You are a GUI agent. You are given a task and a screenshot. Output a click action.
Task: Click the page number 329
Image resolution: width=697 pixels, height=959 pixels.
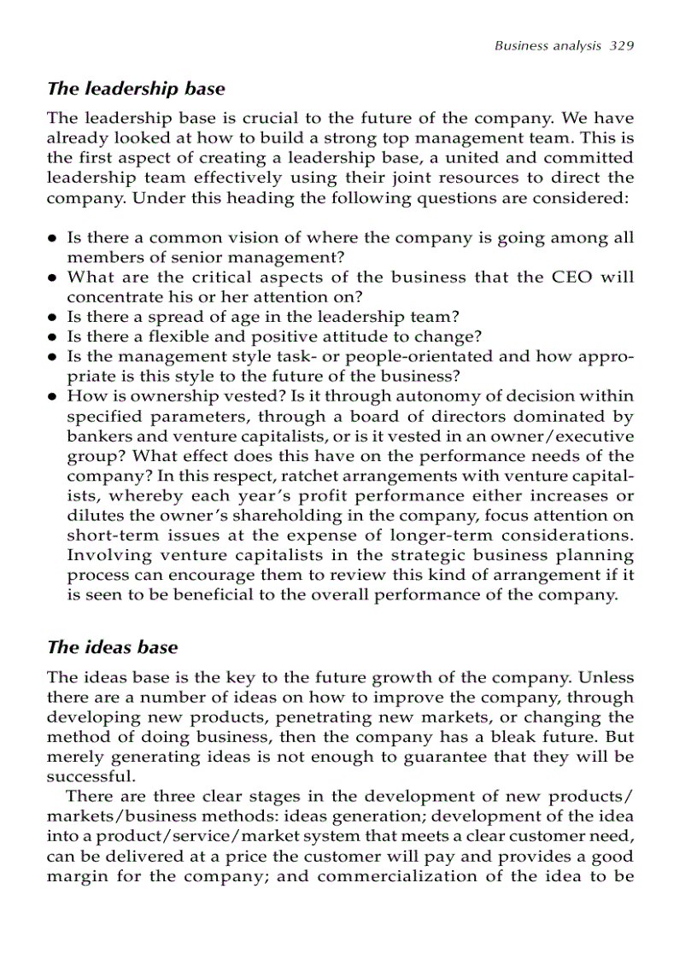[x=621, y=45]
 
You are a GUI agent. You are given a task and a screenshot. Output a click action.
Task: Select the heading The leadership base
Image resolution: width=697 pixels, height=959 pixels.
[x=136, y=89]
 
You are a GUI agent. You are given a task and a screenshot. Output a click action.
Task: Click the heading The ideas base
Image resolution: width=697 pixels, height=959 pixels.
[x=112, y=647]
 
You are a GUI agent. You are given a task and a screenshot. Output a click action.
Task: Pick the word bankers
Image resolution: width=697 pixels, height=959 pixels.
[x=94, y=436]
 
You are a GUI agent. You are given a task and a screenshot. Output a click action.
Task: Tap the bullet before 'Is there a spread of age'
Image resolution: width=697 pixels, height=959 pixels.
[x=53, y=318]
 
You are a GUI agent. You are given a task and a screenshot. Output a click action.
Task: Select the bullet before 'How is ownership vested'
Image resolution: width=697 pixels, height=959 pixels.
[x=53, y=397]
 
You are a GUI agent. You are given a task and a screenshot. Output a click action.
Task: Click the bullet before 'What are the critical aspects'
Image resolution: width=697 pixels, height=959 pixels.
[x=53, y=278]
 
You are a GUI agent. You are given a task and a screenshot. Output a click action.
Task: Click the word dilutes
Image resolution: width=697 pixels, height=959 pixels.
[x=92, y=515]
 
